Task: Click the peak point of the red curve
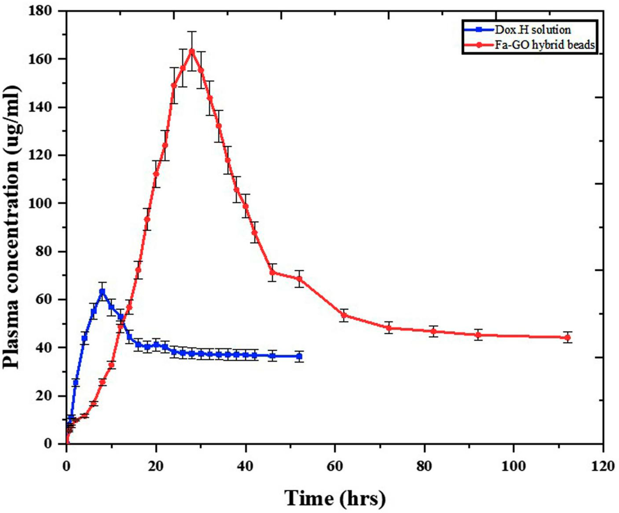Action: pos(192,51)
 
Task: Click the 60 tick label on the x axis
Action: pos(335,466)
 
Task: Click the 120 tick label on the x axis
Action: pos(603,466)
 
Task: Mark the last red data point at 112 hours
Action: pos(567,338)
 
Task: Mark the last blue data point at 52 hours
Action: pos(299,356)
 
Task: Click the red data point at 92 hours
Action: pos(478,335)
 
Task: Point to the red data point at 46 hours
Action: pos(272,272)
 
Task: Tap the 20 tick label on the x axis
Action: pos(156,466)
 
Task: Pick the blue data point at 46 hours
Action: pos(272,356)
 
